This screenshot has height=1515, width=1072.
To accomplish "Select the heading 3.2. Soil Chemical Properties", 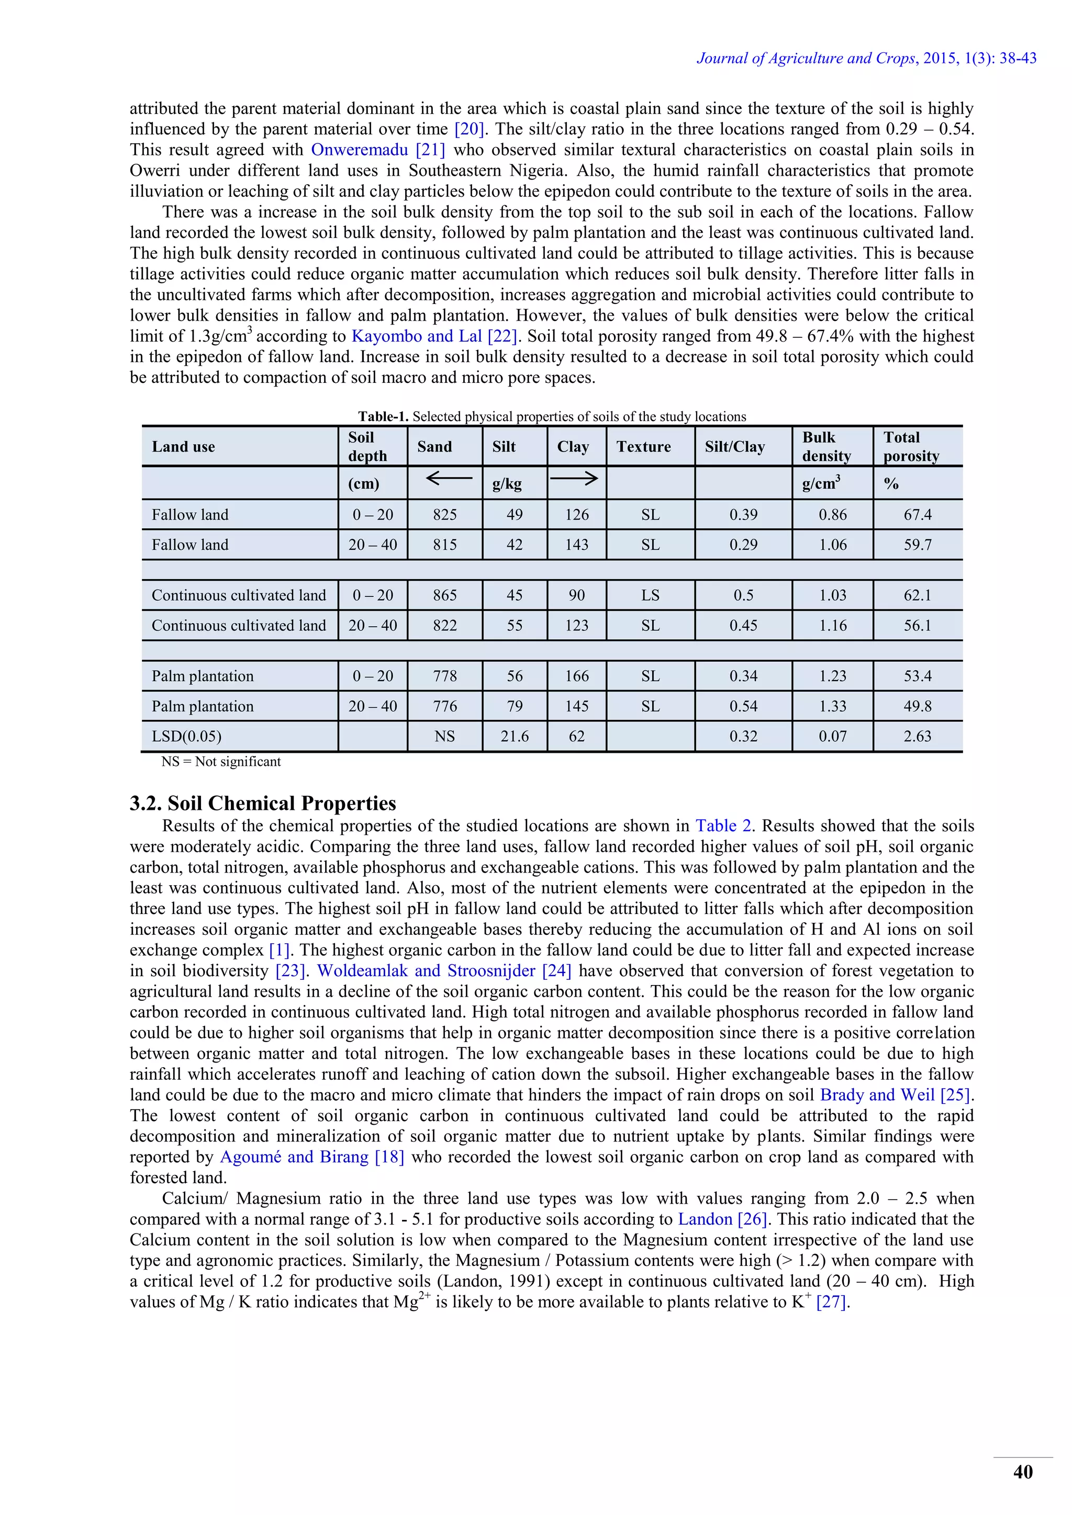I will tap(263, 803).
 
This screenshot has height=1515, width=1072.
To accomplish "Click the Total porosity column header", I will tap(911, 447).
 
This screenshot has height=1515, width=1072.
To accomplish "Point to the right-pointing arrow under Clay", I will tap(574, 478).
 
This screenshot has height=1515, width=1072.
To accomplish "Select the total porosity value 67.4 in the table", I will tap(918, 515).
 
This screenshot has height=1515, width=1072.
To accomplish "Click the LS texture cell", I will tap(650, 595).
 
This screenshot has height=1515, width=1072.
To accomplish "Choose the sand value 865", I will tap(445, 595).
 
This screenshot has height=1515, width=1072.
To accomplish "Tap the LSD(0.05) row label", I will tap(187, 737).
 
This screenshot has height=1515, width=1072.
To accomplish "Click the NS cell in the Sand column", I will tap(445, 737).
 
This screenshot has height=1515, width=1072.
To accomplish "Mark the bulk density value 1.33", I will tap(832, 706).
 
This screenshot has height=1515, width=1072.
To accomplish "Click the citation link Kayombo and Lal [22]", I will tap(434, 336).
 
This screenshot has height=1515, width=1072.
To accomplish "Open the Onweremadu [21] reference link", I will tap(377, 150).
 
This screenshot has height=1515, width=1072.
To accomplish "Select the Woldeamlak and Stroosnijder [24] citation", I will tap(443, 970).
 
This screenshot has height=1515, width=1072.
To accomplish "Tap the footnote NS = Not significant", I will tap(221, 762).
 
